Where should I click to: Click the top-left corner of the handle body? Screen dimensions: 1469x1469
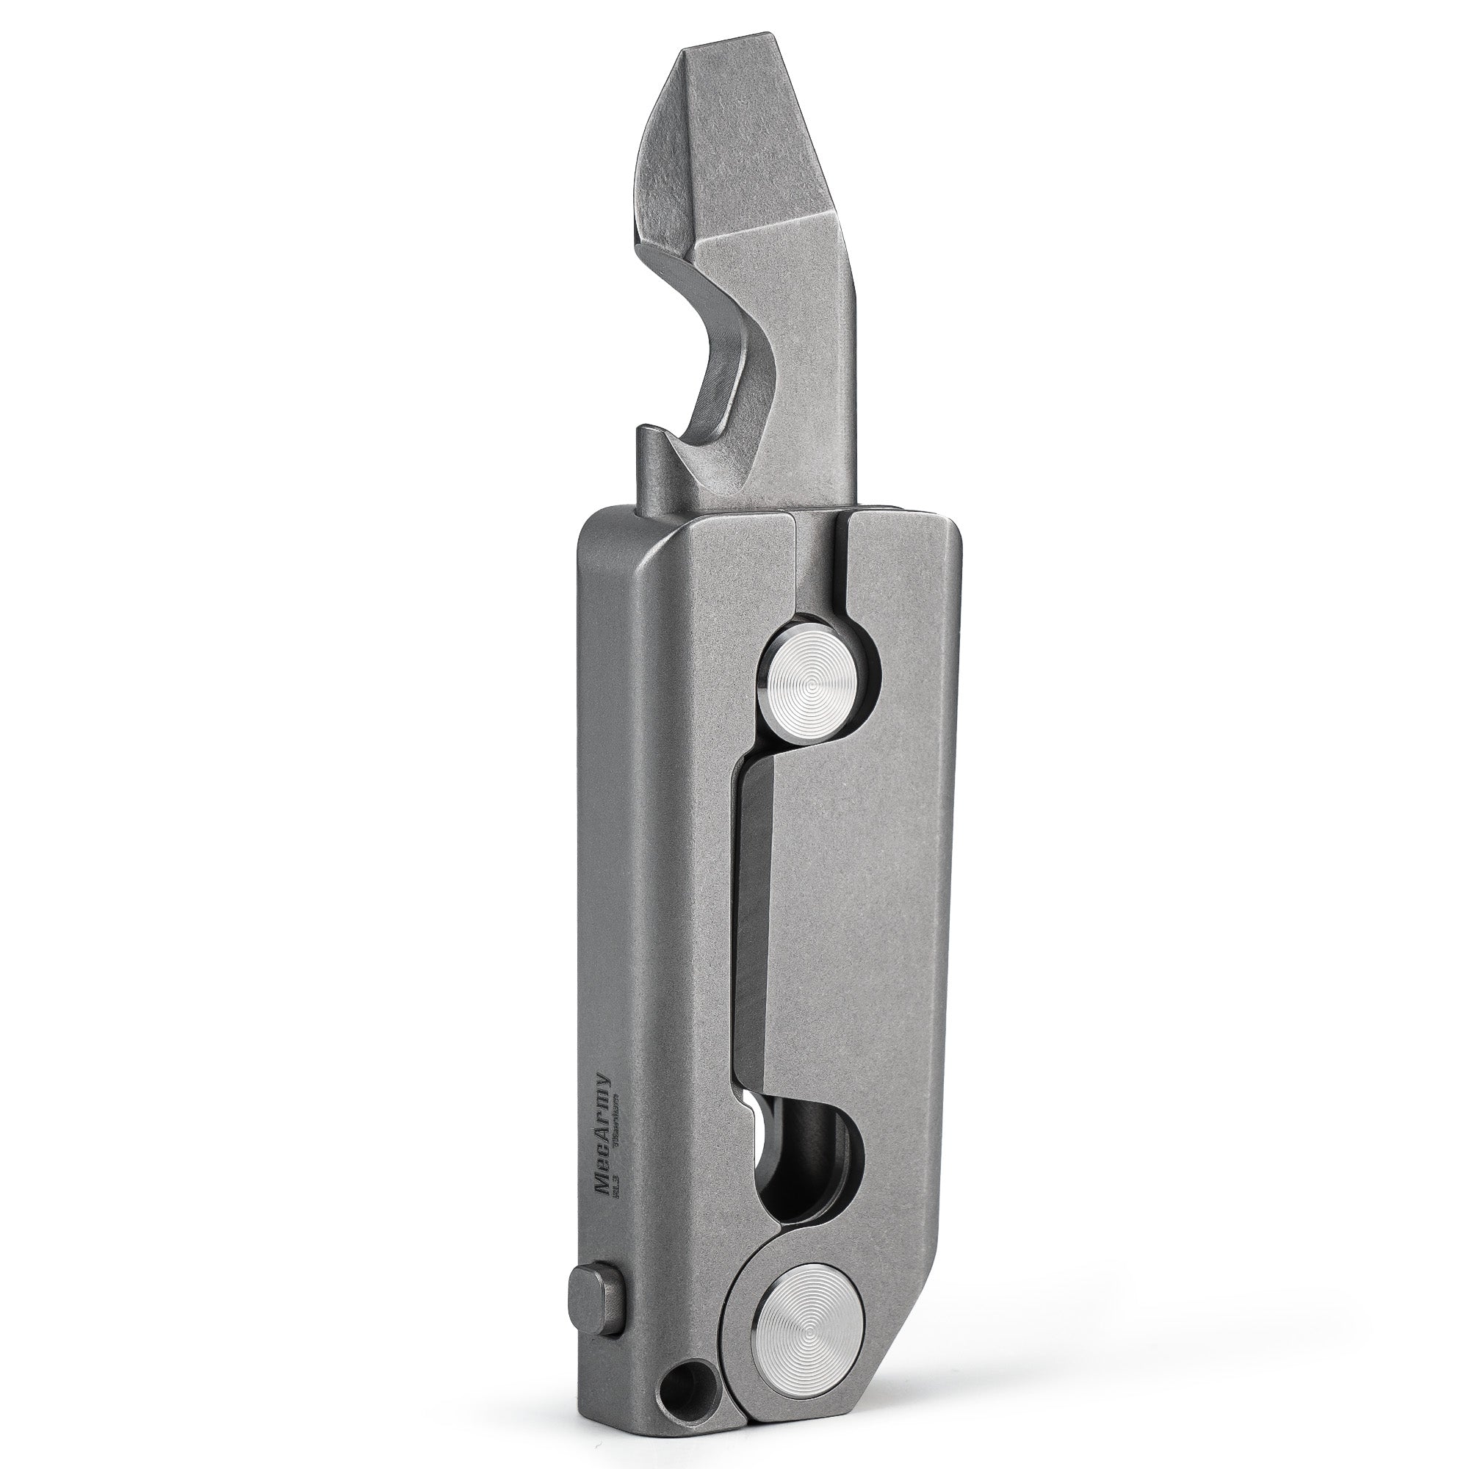[589, 524]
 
